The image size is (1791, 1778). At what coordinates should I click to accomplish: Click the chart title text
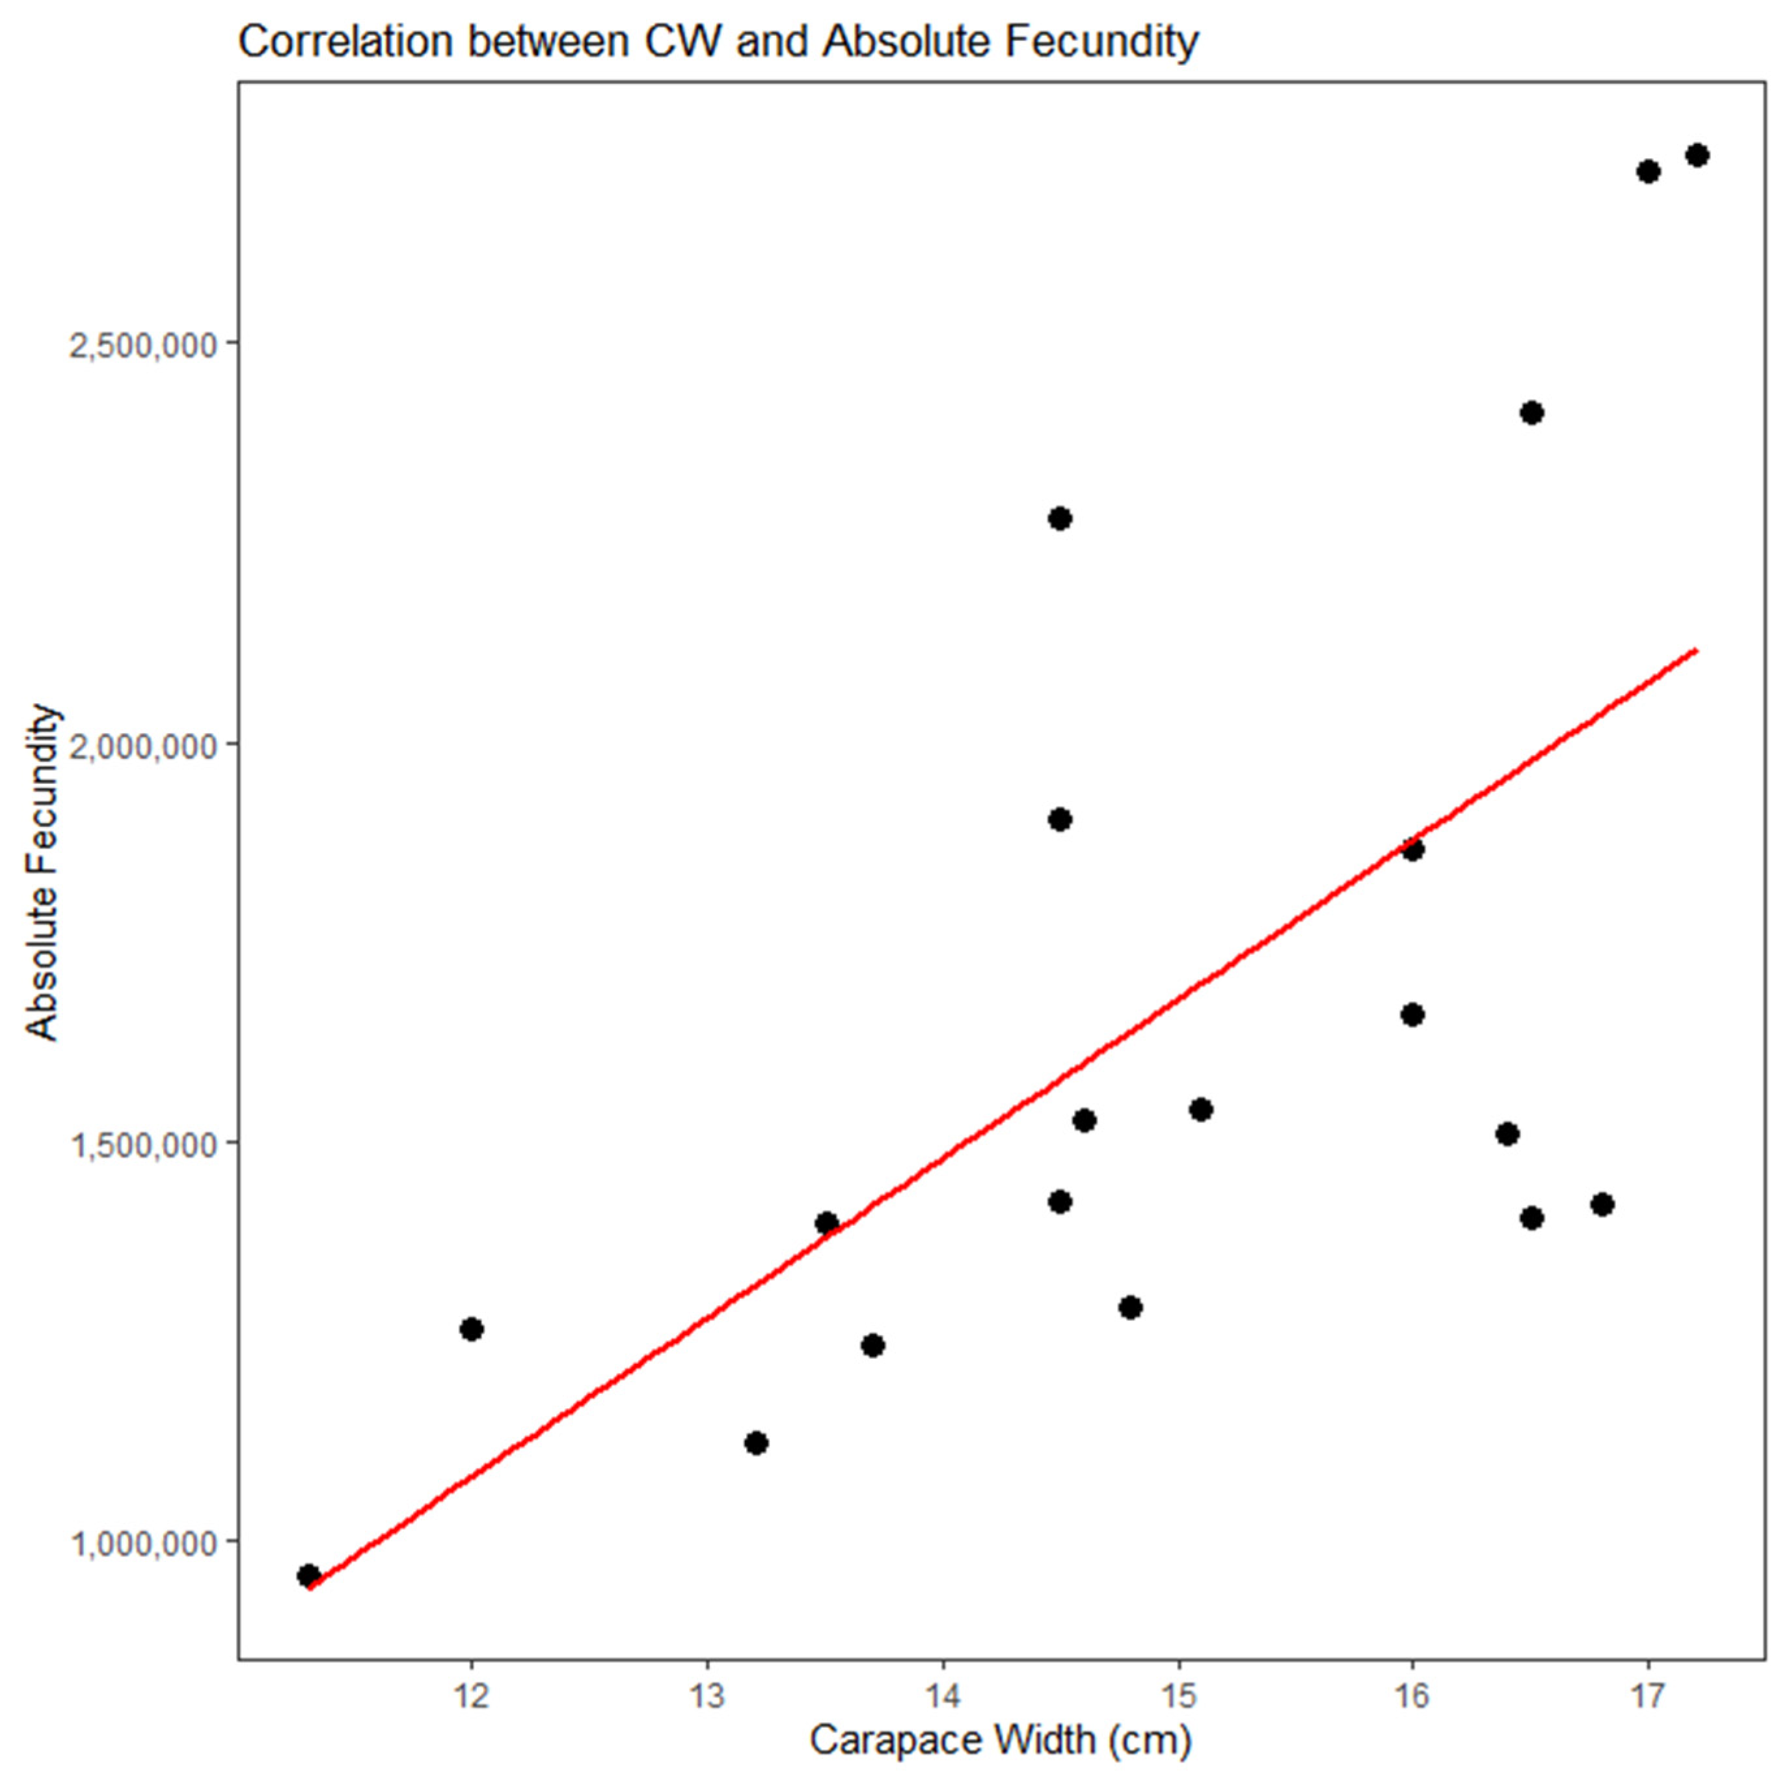point(718,41)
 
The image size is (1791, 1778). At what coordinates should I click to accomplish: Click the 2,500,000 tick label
point(142,345)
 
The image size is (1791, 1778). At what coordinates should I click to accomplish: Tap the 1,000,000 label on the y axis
point(142,1544)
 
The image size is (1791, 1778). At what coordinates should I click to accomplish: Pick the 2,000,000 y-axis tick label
point(142,745)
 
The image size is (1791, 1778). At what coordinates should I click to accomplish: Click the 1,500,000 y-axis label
point(142,1145)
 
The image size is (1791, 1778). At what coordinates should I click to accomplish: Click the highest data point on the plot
point(1697,155)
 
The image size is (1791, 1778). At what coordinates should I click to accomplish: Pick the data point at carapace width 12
point(472,1329)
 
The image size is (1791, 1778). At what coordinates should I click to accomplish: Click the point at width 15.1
point(1200,1109)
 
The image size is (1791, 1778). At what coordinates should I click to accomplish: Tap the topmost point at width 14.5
point(1060,518)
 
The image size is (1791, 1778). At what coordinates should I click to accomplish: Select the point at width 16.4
point(1507,1133)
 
